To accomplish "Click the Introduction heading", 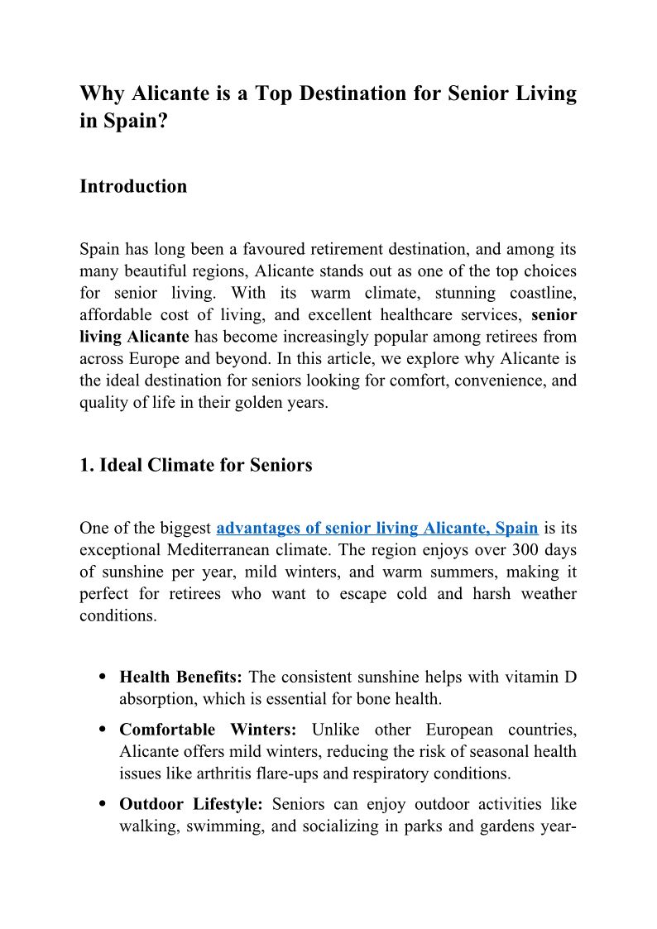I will click(133, 187).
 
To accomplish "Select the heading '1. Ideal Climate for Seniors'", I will click(195, 465).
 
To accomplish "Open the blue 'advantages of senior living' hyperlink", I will click(377, 528).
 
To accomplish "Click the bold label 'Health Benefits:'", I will click(180, 678).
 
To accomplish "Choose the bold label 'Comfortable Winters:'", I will click(213, 730).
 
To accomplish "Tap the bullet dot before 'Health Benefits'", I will click(102, 678).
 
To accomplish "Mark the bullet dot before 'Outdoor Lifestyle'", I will click(102, 804).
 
